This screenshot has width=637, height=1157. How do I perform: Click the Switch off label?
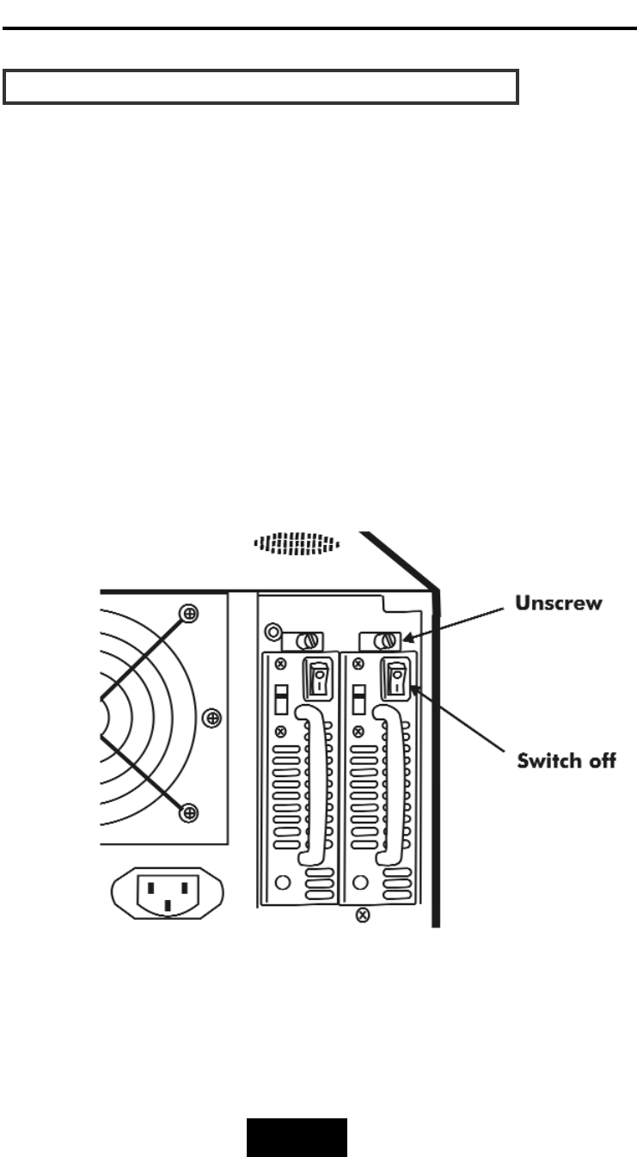567,761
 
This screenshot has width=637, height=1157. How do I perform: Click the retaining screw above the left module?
310,640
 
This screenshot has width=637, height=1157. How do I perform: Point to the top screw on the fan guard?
190,613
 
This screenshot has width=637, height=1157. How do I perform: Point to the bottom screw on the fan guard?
190,812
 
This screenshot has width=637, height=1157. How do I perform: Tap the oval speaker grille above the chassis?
297,543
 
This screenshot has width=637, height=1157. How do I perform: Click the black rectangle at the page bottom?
298,1137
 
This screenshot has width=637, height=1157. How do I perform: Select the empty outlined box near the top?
260,88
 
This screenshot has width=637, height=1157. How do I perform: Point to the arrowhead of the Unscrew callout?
409,639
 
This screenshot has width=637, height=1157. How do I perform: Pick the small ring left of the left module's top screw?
273,632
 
